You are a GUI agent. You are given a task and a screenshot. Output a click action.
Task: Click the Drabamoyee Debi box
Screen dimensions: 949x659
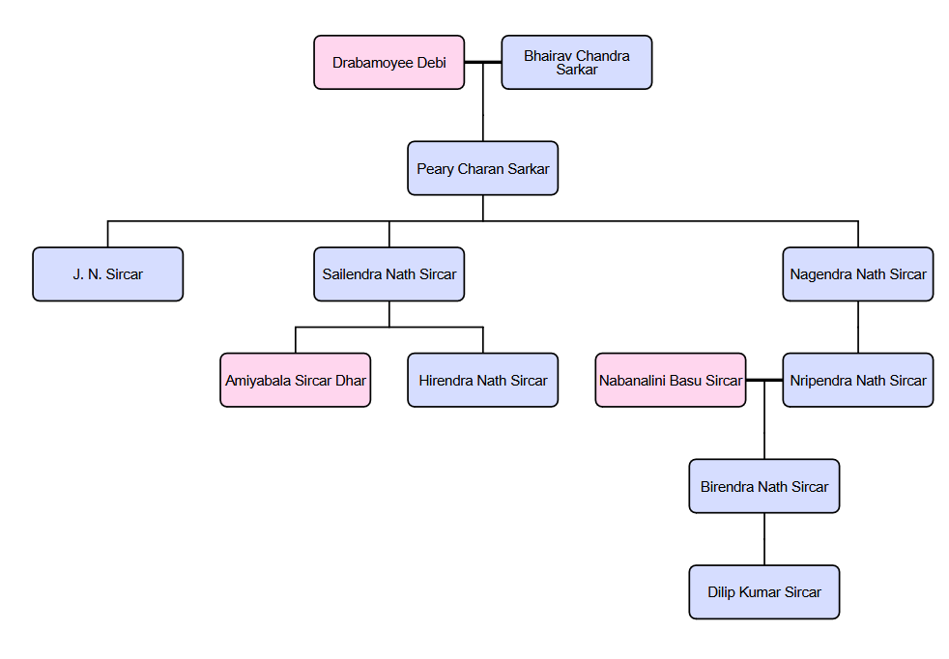(x=389, y=63)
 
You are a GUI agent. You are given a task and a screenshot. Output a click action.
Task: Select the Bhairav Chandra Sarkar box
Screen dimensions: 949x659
(x=577, y=63)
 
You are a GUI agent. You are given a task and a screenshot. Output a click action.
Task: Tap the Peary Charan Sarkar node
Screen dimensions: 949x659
(x=483, y=168)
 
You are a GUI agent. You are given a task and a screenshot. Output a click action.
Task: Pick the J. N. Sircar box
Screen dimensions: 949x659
(x=107, y=274)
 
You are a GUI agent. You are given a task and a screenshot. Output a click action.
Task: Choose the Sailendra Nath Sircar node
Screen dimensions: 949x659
(x=389, y=274)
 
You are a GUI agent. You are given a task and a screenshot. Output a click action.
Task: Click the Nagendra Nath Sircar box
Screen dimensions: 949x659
(x=858, y=274)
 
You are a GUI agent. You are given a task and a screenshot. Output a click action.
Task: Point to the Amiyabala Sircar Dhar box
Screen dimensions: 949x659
(x=296, y=380)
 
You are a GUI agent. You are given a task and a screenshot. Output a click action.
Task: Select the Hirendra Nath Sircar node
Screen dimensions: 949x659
(x=483, y=380)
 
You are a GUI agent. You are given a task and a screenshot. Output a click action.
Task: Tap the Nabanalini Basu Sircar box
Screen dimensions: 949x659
(x=671, y=380)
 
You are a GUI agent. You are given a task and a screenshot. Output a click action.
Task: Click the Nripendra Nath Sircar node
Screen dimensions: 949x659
(x=858, y=380)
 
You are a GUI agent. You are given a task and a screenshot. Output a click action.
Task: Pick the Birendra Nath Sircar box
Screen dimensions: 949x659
(x=764, y=486)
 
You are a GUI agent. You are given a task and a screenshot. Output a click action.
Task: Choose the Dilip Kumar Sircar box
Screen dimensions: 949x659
(x=764, y=591)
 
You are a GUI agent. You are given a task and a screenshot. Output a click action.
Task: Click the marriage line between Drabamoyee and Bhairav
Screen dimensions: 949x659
(x=483, y=63)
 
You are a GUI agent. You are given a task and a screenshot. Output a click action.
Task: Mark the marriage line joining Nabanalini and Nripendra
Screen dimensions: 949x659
(x=764, y=380)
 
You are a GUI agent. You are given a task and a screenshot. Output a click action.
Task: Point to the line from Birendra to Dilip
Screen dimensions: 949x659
(x=764, y=539)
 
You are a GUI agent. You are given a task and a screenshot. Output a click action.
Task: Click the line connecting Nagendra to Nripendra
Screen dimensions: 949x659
(x=858, y=328)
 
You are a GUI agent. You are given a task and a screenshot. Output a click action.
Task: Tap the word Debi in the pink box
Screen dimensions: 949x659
(x=432, y=63)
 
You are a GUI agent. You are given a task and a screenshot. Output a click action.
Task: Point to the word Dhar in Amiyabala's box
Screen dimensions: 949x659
(x=351, y=380)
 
